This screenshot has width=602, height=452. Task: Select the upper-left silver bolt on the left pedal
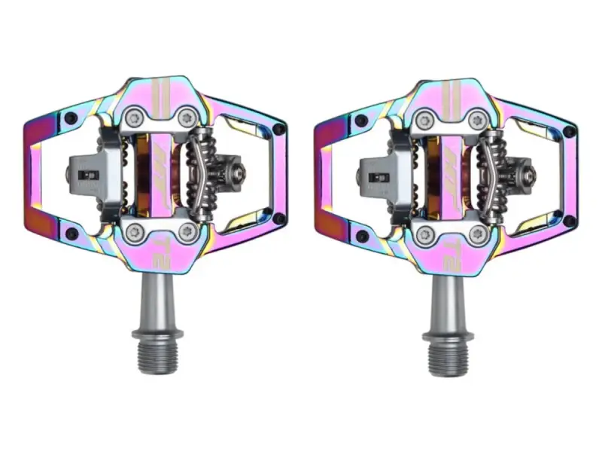pos(135,116)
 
